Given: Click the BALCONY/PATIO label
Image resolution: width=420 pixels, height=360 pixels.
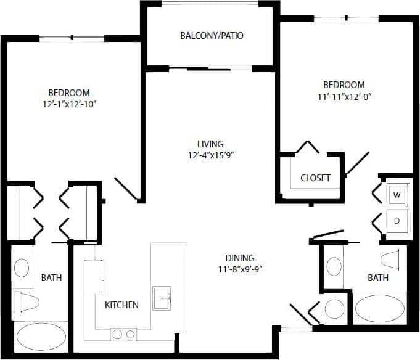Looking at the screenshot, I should (x=212, y=35).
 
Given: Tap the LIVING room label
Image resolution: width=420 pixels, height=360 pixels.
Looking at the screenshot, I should (x=211, y=144).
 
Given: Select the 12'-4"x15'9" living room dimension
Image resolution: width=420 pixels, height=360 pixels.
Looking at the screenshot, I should (x=212, y=155).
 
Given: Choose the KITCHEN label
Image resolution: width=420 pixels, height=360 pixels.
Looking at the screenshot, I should (x=121, y=305).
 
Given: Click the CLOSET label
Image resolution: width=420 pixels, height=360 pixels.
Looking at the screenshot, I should (x=315, y=178).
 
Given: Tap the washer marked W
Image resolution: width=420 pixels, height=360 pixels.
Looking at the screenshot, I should (x=397, y=195).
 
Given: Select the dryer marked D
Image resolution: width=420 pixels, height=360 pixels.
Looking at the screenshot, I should (x=397, y=220).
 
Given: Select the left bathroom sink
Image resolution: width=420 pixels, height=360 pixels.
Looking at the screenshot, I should (x=21, y=268).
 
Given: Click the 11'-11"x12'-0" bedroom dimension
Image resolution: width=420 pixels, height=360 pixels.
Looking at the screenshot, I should (x=344, y=96).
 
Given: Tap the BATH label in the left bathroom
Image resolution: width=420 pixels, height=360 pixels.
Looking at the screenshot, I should (x=51, y=278).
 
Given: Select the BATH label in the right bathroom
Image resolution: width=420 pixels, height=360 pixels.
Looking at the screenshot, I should (x=377, y=278).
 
